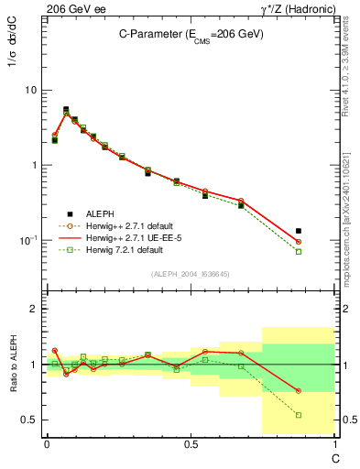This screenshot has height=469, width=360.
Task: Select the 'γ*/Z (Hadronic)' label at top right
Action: [297, 8]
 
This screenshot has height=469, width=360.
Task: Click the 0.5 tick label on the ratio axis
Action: [28, 420]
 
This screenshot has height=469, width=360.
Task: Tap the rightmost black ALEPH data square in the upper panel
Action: [324, 231]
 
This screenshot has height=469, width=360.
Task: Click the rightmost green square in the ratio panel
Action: [324, 415]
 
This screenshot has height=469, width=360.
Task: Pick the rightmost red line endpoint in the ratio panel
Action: [324, 391]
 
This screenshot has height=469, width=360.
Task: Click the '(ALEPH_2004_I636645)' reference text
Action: [190, 273]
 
